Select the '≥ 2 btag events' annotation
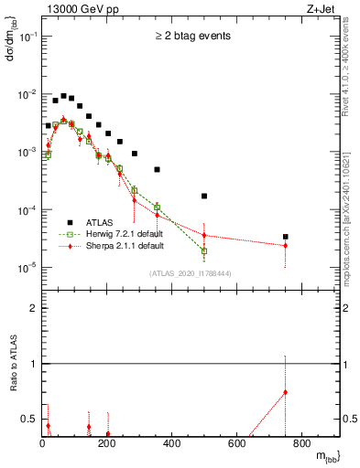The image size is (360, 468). tap(191, 37)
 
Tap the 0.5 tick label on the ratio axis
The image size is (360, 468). tap(30, 420)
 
